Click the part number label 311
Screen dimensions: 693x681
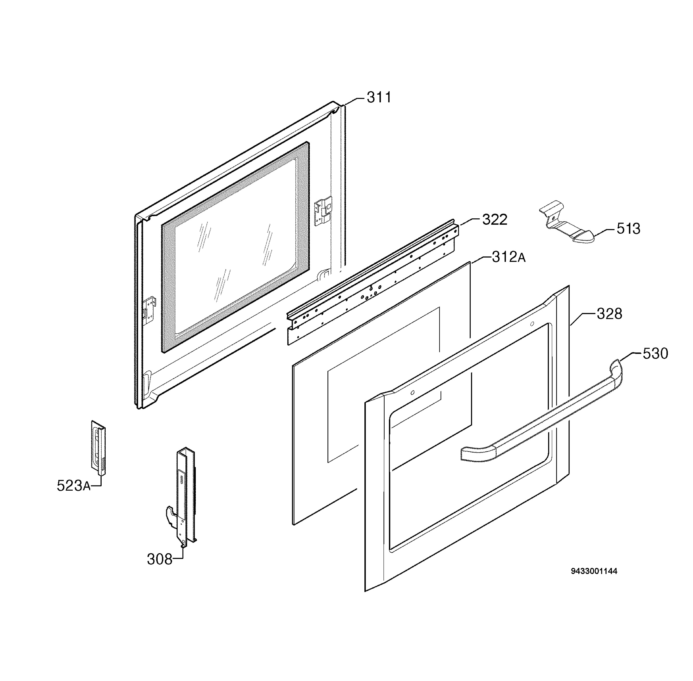[379, 97]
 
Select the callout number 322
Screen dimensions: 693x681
[495, 220]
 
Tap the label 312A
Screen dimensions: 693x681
[508, 257]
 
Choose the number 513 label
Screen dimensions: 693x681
[628, 228]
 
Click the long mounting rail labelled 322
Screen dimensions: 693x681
[372, 283]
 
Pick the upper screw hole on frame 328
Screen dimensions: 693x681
[532, 324]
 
